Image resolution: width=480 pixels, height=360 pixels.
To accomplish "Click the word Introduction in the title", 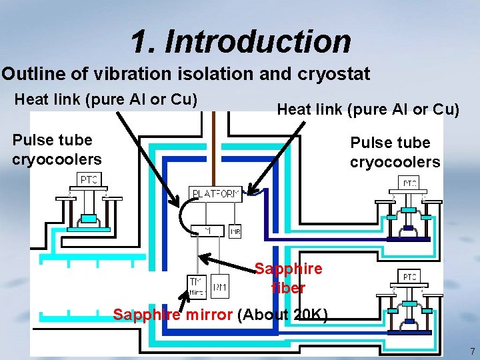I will pyautogui.click(x=257, y=41).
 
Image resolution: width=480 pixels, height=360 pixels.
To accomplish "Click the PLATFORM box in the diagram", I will pyautogui.click(x=215, y=194).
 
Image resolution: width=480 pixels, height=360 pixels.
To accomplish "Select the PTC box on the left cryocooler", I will pyautogui.click(x=89, y=179).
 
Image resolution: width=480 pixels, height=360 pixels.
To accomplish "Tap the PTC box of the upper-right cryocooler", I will pyautogui.click(x=409, y=183).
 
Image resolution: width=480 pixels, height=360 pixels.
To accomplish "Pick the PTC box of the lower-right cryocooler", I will pyautogui.click(x=409, y=276).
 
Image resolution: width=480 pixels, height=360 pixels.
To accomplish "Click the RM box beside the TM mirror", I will pyautogui.click(x=219, y=287).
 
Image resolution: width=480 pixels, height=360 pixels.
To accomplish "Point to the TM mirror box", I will pyautogui.click(x=197, y=286).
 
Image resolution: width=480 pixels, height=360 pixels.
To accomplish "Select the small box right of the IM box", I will pyautogui.click(x=235, y=231).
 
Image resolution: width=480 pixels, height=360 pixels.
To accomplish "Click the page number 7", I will pyautogui.click(x=472, y=351).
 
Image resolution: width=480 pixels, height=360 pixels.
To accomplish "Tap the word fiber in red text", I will pyautogui.click(x=288, y=289).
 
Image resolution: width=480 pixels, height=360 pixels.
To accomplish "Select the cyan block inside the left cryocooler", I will pyautogui.click(x=89, y=218).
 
